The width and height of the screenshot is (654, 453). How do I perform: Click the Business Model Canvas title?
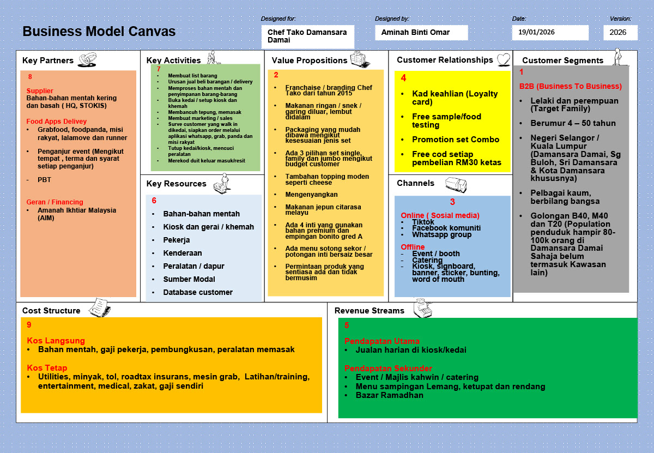pyautogui.click(x=99, y=32)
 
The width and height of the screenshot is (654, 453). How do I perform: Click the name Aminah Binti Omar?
pyautogui.click(x=415, y=32)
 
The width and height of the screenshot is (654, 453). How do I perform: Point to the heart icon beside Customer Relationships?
pyautogui.click(x=503, y=59)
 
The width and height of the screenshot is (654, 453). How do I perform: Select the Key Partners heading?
pyautogui.click(x=48, y=61)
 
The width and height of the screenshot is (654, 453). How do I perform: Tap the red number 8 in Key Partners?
pyautogui.click(x=30, y=77)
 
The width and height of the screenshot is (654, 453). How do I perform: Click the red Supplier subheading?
pyautogui.click(x=40, y=91)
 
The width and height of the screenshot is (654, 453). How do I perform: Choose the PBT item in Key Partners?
pyautogui.click(x=44, y=179)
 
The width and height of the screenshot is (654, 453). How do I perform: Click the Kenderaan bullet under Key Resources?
pyautogui.click(x=183, y=253)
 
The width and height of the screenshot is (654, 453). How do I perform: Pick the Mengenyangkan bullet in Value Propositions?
pyautogui.click(x=311, y=195)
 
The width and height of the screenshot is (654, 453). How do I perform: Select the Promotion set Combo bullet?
pyautogui.click(x=456, y=140)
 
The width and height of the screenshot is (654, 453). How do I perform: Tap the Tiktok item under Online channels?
pyautogui.click(x=423, y=222)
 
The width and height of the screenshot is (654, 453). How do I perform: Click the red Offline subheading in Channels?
pyautogui.click(x=413, y=247)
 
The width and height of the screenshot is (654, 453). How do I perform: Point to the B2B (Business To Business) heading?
pyautogui.click(x=570, y=86)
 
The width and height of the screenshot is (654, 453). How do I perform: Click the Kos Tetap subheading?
pyautogui.click(x=48, y=367)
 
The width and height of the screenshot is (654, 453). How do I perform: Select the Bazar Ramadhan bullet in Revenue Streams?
pyautogui.click(x=389, y=395)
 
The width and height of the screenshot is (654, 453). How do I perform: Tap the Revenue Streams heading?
pyautogui.click(x=370, y=311)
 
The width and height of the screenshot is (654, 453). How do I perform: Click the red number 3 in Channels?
pyautogui.click(x=452, y=202)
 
